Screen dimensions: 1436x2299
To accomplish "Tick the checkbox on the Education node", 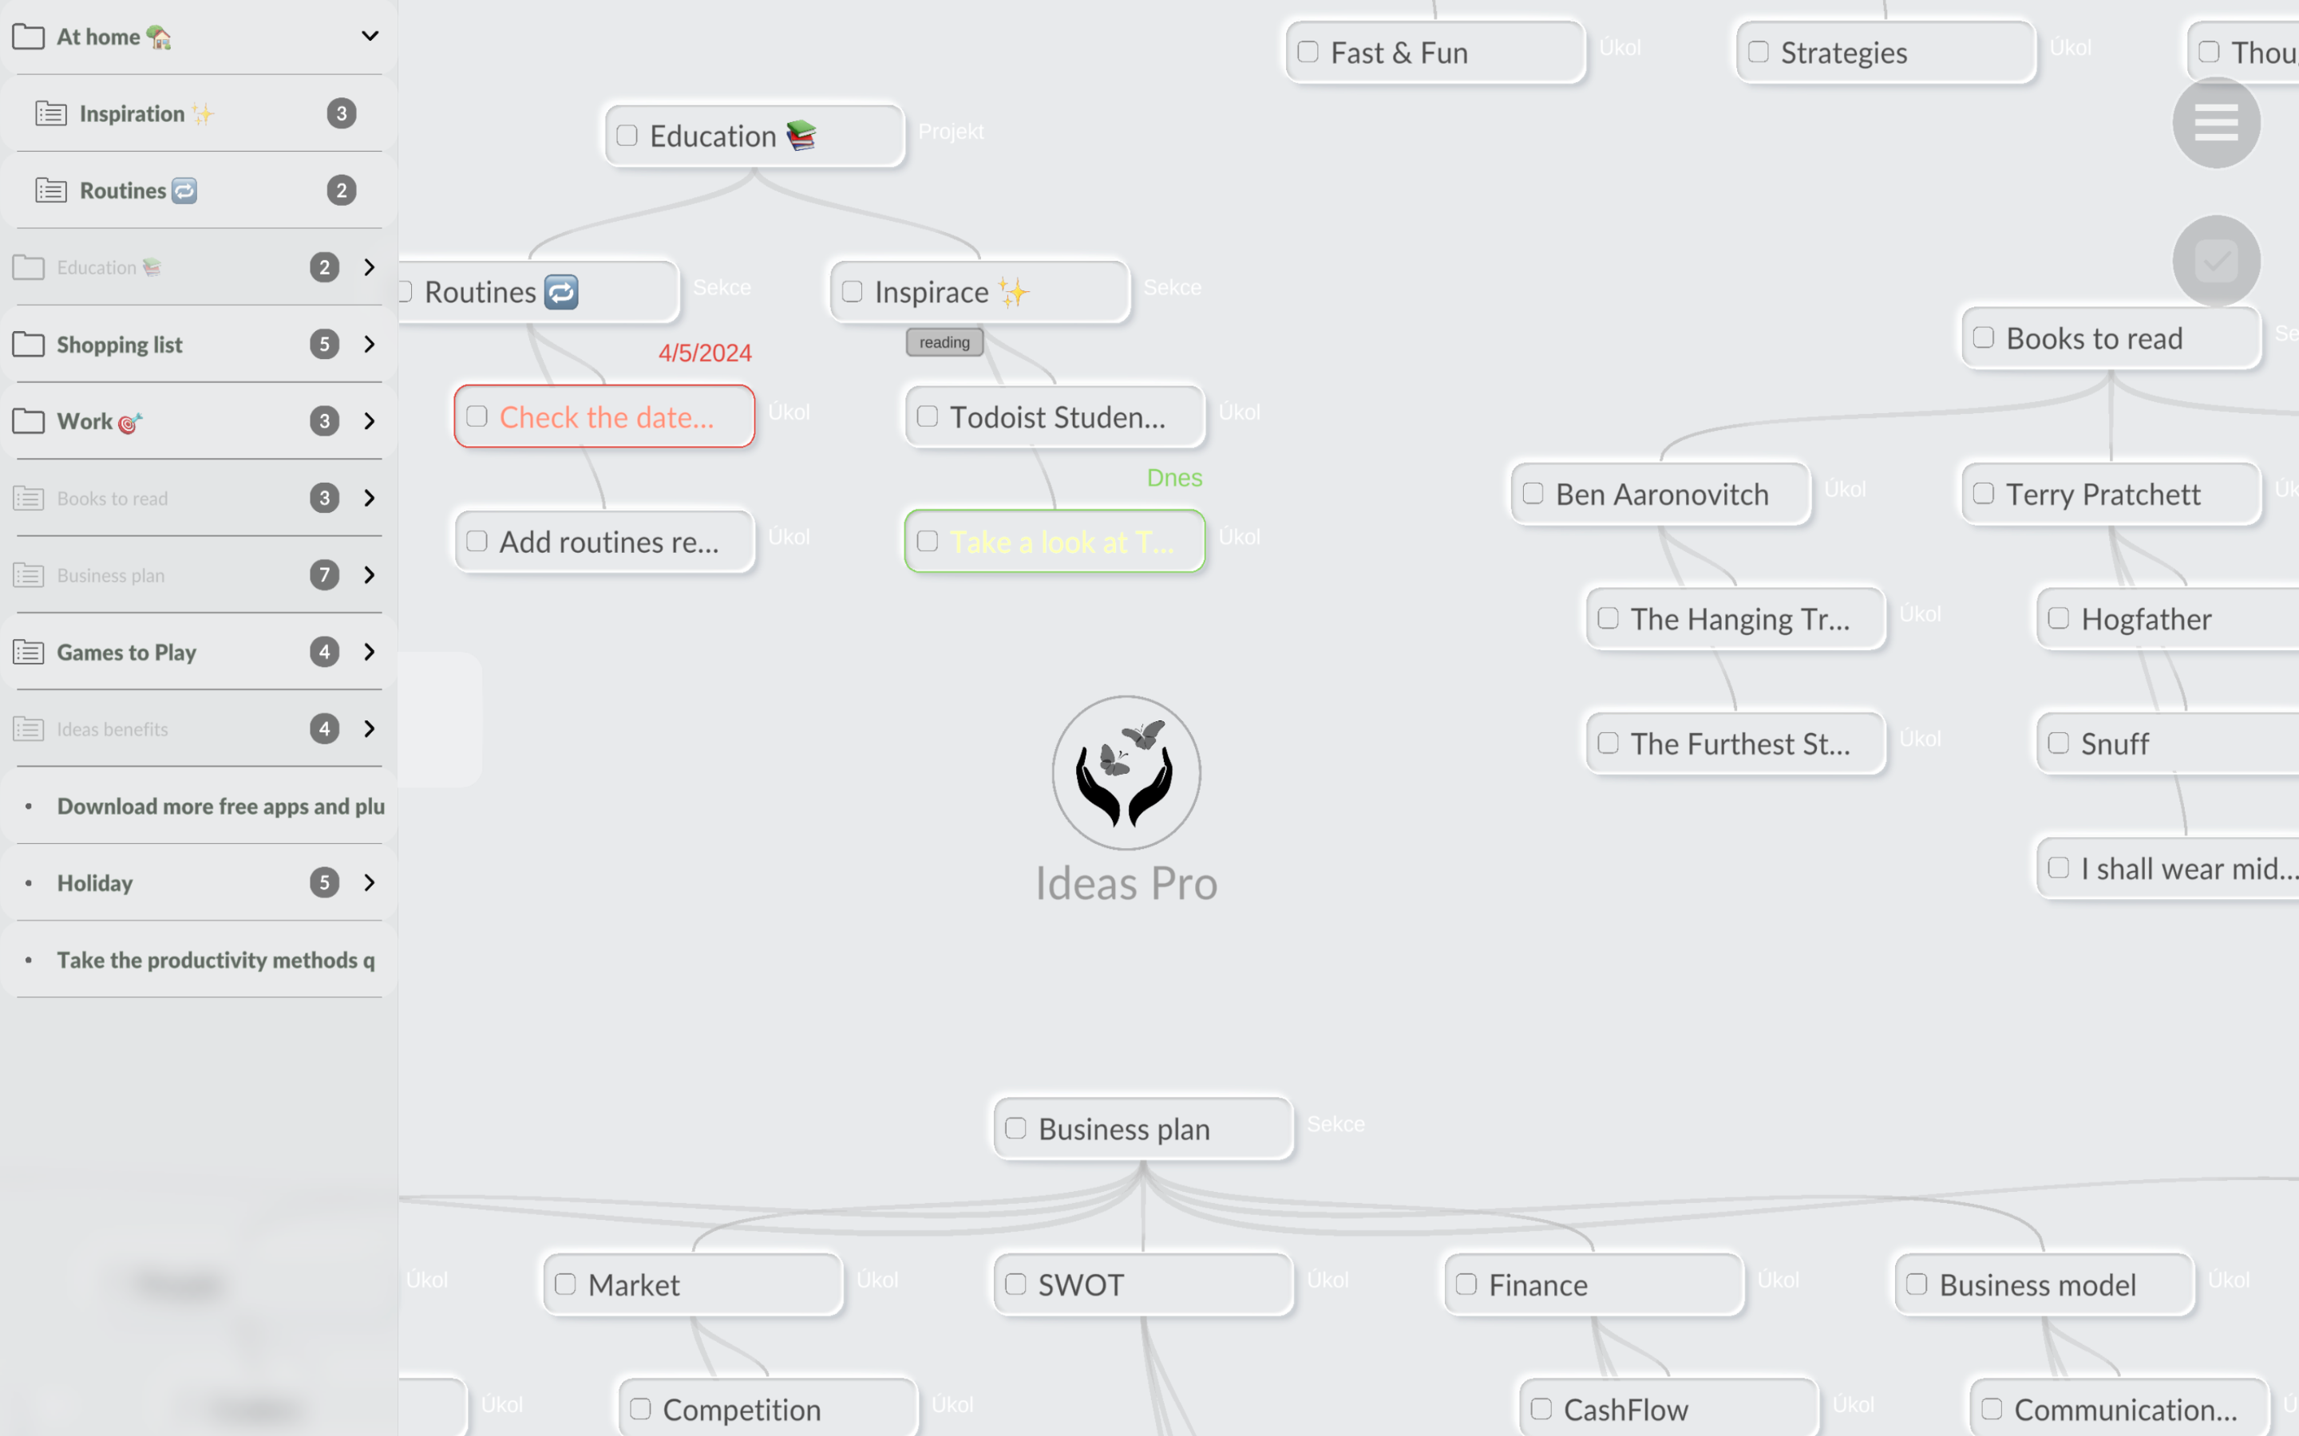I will [627, 136].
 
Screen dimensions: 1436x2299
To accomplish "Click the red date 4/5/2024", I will [705, 353].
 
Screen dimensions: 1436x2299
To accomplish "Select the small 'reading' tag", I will [944, 342].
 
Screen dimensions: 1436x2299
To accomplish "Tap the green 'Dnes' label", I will [1174, 478].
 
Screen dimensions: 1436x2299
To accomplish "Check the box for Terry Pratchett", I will [1984, 494].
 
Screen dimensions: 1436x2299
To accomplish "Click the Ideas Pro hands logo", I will [1126, 772].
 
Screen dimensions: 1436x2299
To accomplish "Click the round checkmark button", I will [2215, 260].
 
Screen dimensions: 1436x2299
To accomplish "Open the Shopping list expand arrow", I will [370, 344].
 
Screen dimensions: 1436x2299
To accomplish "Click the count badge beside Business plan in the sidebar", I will [324, 574].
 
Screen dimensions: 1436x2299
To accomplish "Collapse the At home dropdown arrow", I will [370, 36].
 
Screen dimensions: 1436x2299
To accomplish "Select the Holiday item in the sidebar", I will [95, 883].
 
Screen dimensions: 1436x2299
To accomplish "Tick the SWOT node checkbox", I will [1015, 1284].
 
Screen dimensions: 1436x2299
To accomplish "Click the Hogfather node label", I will [2146, 619].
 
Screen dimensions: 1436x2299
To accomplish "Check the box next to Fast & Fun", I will [1308, 52].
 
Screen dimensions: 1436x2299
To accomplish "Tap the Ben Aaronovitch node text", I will [1661, 494].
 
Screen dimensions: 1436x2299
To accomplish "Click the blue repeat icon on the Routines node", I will [561, 291].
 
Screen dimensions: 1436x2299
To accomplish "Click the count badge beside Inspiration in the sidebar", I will [341, 113].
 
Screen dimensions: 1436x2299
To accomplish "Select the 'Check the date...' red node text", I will [606, 417].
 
